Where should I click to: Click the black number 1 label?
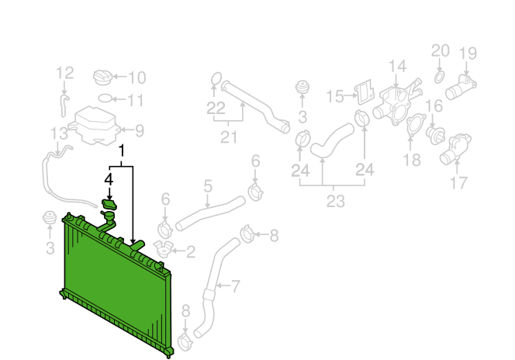tap(122, 151)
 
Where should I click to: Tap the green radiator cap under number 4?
tap(109, 204)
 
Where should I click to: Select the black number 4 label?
tap(109, 180)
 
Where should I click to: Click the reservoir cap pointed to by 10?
tap(103, 78)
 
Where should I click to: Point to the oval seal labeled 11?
tap(105, 99)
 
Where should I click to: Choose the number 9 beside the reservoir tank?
tap(140, 130)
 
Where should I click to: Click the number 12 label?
tap(64, 73)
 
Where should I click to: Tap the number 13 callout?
tap(59, 133)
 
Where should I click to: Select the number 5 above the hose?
tap(208, 186)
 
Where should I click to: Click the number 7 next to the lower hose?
tap(236, 286)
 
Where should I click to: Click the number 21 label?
tap(229, 137)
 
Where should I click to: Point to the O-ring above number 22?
tap(216, 79)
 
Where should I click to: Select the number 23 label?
tap(335, 201)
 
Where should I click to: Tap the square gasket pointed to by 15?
tap(365, 92)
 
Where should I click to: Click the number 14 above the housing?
tap(397, 67)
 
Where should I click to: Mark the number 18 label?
tap(412, 161)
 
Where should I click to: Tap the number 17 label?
tap(458, 183)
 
